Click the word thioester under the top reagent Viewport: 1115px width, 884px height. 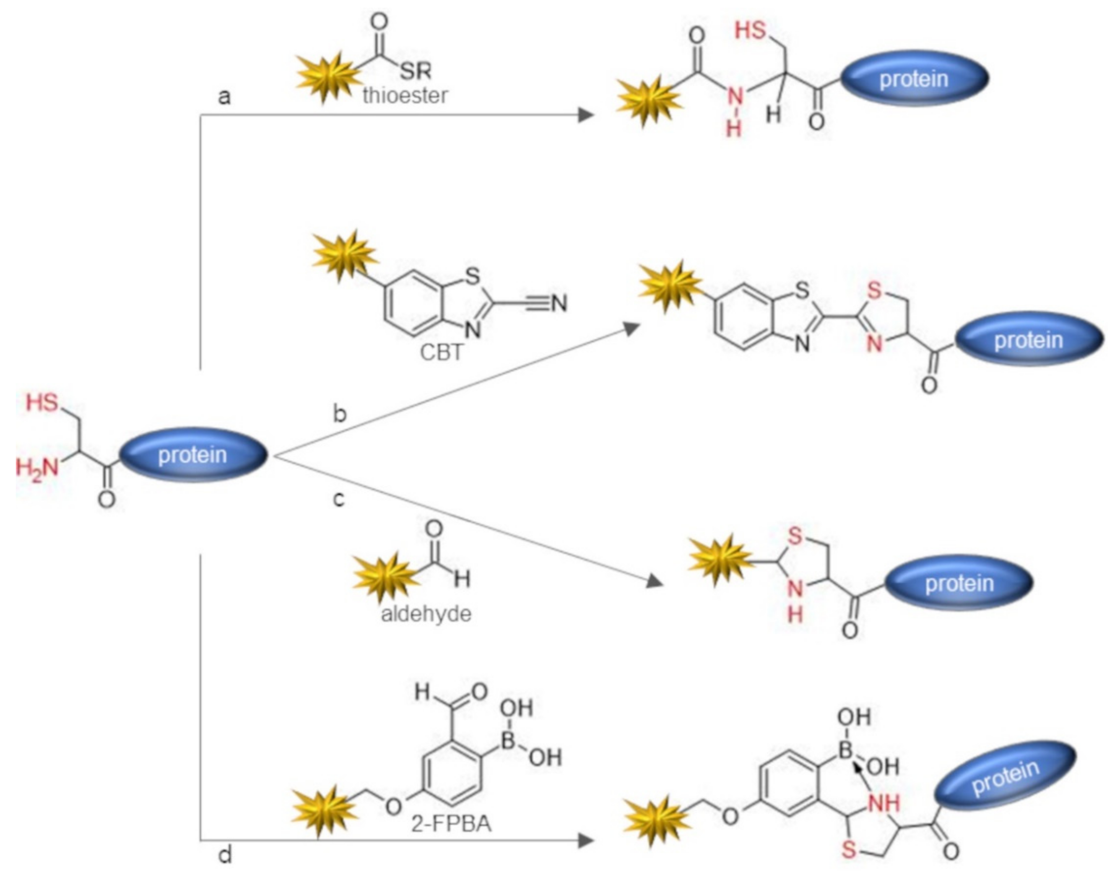(405, 96)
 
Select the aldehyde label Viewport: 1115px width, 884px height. (426, 614)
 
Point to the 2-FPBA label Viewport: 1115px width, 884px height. (452, 824)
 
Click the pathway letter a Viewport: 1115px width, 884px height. (224, 97)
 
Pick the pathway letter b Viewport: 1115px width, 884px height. (339, 414)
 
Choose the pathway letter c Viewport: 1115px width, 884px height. (339, 499)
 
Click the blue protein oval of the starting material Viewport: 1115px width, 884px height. (193, 455)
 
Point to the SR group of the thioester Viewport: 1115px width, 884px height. (415, 70)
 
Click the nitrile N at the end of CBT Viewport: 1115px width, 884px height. (559, 304)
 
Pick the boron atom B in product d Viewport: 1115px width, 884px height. (845, 749)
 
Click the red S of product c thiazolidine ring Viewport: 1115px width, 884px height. (795, 536)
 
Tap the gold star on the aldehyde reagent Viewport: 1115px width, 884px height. (385, 577)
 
